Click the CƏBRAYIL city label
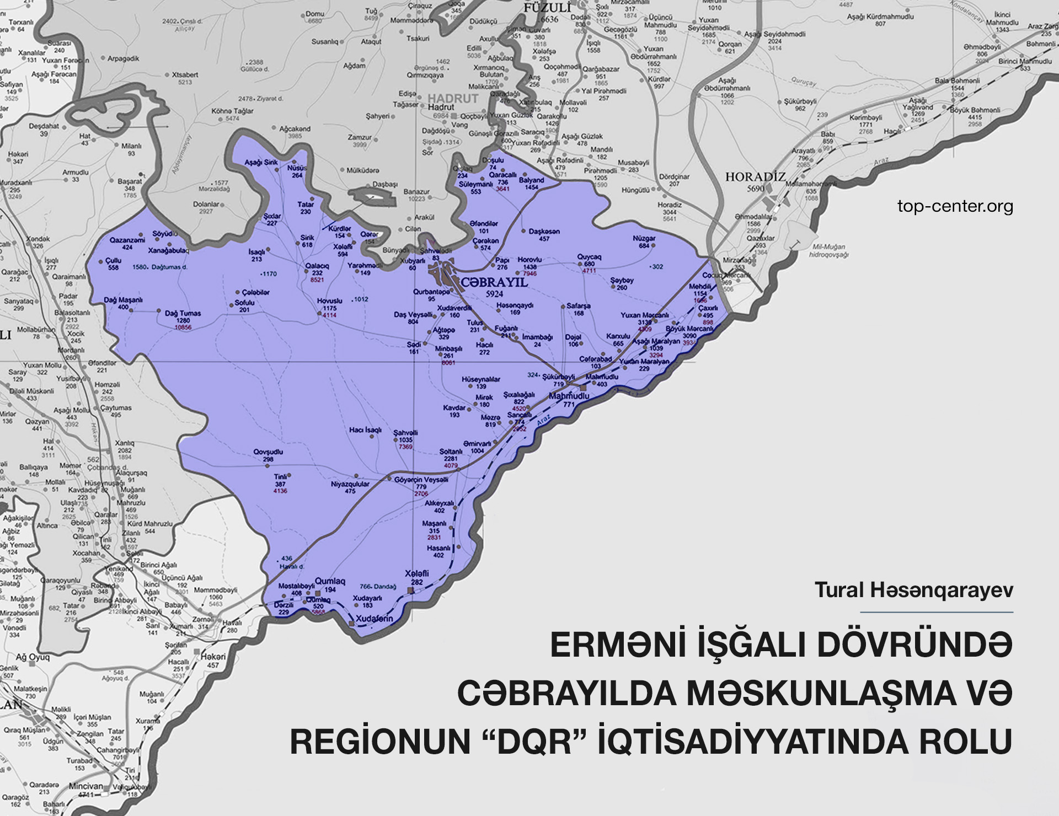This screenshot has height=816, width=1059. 494,283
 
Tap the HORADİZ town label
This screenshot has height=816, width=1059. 755,177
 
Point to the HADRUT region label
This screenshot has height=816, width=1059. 453,99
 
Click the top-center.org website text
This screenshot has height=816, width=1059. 955,207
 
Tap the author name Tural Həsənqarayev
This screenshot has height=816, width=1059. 913,590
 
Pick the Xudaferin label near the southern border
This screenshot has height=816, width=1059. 375,619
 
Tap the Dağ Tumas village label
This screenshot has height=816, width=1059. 183,313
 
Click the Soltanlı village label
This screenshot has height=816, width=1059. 451,452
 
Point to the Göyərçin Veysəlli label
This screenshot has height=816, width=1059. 421,480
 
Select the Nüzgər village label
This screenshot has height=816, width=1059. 644,239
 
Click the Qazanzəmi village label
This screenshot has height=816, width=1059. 127,240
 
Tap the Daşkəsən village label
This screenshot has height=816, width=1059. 544,232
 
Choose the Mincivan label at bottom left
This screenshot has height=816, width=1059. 85,786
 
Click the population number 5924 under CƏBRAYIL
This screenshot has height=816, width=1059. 494,294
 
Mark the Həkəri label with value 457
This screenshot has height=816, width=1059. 213,657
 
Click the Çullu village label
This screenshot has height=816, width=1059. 113,261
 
